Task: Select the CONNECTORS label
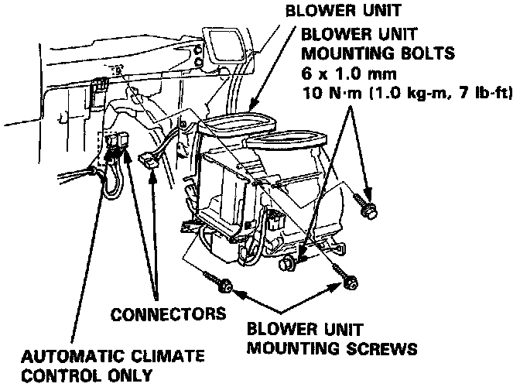[x=168, y=314]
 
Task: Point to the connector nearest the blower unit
[x=148, y=163]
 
